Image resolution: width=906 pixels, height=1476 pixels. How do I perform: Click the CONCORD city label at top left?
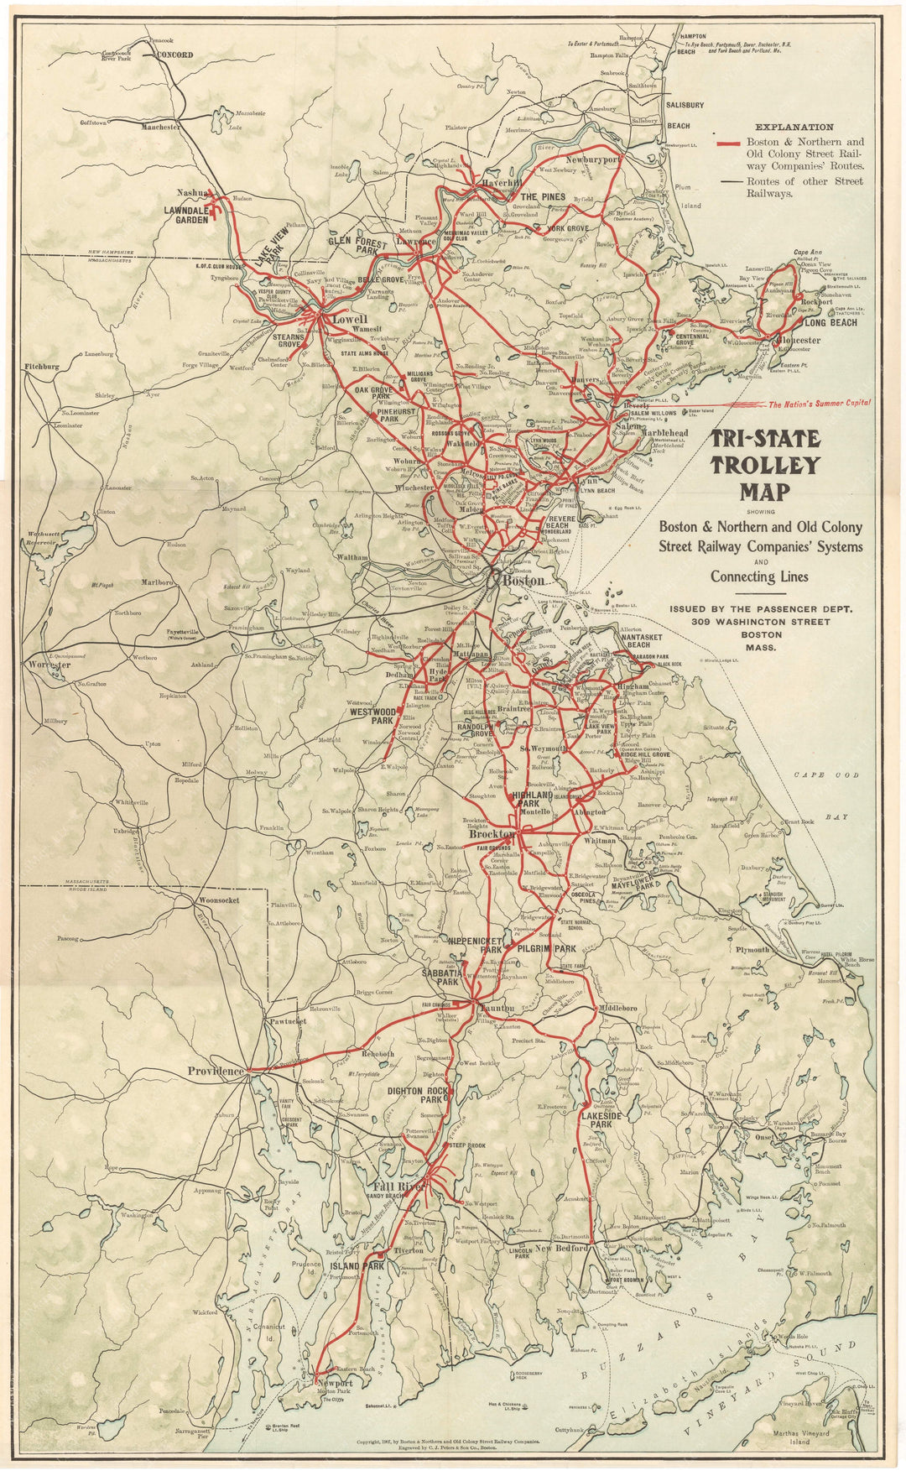click(174, 55)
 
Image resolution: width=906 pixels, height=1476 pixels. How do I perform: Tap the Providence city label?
click(216, 1071)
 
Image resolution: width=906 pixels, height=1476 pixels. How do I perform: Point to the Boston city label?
click(524, 580)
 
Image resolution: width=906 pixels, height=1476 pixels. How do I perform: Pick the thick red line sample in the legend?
click(727, 143)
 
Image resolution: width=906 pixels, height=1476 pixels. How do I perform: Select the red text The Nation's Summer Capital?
click(820, 404)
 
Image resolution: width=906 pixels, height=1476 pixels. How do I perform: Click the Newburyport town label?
click(592, 158)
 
